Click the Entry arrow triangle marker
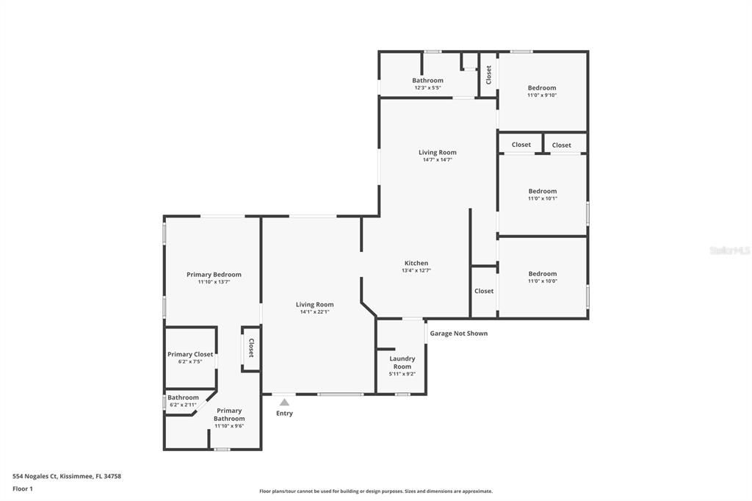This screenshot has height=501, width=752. pyautogui.click(x=284, y=402)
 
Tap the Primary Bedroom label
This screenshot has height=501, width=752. pyautogui.click(x=214, y=275)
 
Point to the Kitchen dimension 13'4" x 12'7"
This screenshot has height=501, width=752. pyautogui.click(x=416, y=270)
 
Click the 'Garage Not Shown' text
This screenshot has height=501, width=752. pyautogui.click(x=458, y=334)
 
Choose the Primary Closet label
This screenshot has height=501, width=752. pyautogui.click(x=190, y=354)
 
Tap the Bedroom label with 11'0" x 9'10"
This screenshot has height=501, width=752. pyautogui.click(x=542, y=88)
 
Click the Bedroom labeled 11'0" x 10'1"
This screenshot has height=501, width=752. pyautogui.click(x=542, y=191)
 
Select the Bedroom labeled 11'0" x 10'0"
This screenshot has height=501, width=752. pyautogui.click(x=542, y=274)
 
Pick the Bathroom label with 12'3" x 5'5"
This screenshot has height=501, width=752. pyautogui.click(x=427, y=81)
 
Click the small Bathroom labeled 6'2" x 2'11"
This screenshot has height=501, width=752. pyautogui.click(x=183, y=397)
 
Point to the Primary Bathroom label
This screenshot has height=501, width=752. pyautogui.click(x=229, y=414)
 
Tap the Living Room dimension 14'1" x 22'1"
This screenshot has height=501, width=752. pyautogui.click(x=314, y=311)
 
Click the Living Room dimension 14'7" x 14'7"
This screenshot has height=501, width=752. pyautogui.click(x=437, y=159)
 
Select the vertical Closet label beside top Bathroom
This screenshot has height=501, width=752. pyautogui.click(x=488, y=74)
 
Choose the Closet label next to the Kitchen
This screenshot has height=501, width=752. pyautogui.click(x=484, y=291)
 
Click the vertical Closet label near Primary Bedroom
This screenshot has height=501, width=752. pyautogui.click(x=250, y=347)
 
